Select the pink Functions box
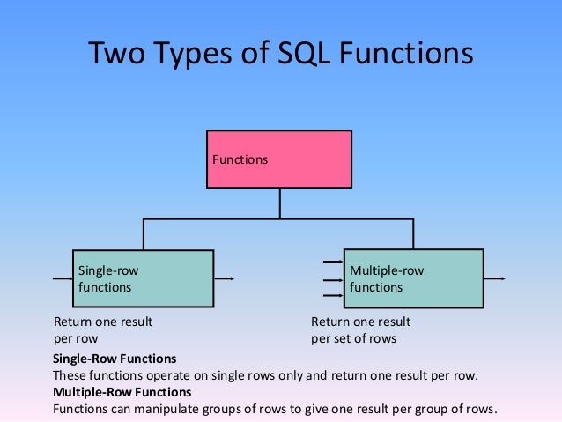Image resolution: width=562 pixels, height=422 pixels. (279, 159)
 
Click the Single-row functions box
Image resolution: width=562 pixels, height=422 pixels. (143, 278)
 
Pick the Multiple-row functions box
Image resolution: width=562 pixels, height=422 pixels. (413, 278)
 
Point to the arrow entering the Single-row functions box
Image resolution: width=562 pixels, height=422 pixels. (62, 279)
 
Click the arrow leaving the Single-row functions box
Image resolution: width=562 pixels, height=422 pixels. (224, 279)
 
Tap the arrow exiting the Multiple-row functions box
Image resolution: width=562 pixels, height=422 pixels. (494, 278)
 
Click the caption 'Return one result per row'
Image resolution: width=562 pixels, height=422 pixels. (102, 329)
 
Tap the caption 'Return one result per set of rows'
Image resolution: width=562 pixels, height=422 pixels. (360, 329)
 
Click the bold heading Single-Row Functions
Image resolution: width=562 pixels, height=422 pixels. (115, 359)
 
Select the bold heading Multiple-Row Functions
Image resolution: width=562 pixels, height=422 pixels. (122, 392)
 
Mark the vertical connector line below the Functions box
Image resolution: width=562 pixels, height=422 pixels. (279, 204)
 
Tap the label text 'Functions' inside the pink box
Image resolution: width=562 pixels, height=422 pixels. (240, 160)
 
